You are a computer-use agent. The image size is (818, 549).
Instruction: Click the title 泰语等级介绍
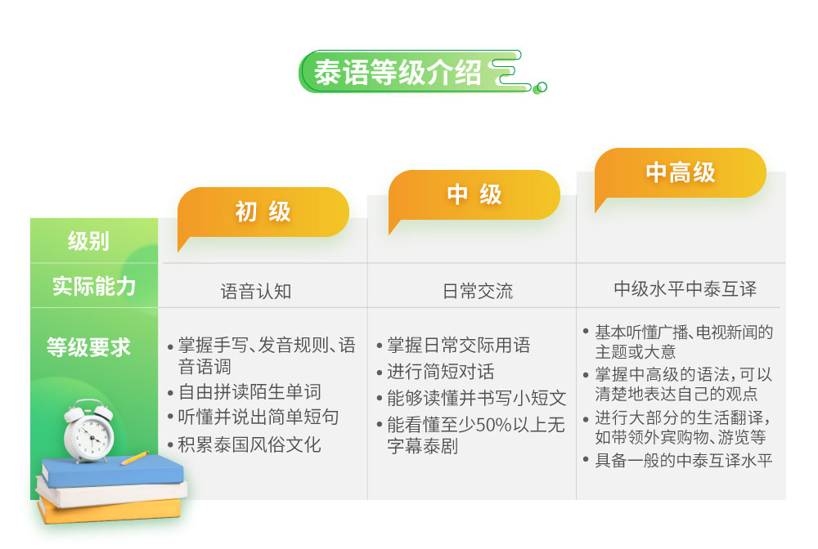tap(398, 73)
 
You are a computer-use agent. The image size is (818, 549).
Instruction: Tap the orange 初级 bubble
tap(263, 212)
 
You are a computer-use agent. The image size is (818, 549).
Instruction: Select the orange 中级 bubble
tap(474, 194)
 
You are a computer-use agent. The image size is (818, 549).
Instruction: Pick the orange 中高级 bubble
tap(681, 173)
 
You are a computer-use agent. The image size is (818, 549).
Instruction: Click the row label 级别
tap(88, 241)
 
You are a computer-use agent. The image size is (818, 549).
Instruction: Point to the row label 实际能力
tap(94, 287)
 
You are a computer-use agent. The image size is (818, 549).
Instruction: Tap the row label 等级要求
tap(88, 347)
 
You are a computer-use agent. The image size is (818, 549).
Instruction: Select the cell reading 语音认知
tap(256, 291)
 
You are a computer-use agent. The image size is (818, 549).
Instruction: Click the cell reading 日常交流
tap(478, 291)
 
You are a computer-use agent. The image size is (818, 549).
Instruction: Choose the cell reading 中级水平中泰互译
tap(685, 288)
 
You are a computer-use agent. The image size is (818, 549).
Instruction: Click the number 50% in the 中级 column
tap(486, 425)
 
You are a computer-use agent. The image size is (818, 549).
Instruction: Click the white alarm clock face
tap(90, 434)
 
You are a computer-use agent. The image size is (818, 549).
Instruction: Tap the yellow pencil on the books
tap(135, 457)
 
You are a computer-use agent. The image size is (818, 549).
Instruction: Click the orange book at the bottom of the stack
tap(110, 511)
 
